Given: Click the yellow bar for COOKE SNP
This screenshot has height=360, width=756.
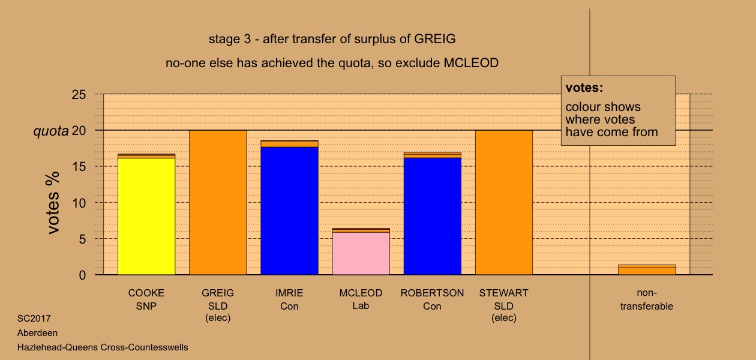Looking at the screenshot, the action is pos(146,216).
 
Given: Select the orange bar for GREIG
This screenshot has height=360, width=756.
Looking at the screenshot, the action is pos(218,202).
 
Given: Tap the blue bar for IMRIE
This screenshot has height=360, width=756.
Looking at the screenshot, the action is pos(290,211).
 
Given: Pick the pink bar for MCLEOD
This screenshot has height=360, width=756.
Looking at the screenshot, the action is pos(361,253).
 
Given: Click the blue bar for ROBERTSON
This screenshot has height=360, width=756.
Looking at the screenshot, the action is pos(433,216).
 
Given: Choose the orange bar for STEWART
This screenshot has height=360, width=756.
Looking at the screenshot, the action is pos(504,202).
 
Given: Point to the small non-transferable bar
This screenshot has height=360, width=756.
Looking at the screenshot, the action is pos(647,270).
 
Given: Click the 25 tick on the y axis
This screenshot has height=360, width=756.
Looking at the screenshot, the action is pos(79,94).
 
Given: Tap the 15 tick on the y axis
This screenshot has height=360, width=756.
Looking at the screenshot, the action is pos(79,167).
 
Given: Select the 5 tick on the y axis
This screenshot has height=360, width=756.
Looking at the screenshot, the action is pos(82,239).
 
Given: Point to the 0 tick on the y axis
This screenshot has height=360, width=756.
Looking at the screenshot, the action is pos(82,275).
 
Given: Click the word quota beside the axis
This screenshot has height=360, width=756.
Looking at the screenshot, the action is pos(51,131).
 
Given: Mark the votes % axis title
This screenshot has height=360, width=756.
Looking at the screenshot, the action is pos(53,203).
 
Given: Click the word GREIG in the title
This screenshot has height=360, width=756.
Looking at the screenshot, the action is pos(434,39).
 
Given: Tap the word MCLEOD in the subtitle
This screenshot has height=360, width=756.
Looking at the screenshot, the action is pos(471,63).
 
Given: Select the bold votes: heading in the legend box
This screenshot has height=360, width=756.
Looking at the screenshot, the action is pos(584,88).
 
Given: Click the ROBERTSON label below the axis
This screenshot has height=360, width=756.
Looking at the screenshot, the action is pos(433,293).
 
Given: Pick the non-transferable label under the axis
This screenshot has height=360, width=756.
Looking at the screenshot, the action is pos(647,299).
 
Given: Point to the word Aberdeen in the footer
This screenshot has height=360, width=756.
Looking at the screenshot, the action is pos(37,332).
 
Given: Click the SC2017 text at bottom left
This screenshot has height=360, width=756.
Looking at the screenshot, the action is pos(34,318).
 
